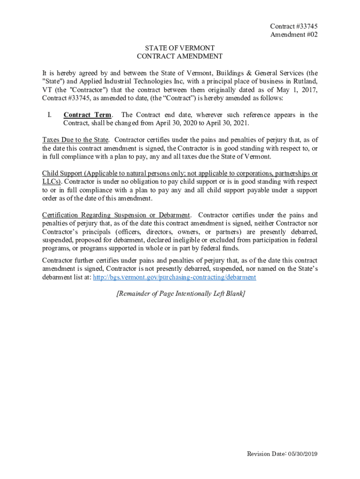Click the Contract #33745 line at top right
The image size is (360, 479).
click(x=290, y=27)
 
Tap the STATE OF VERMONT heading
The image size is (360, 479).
click(x=180, y=48)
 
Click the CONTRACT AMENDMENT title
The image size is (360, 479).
click(x=180, y=57)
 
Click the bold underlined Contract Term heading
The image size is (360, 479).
click(x=87, y=115)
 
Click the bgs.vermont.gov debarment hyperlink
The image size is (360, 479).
click(x=175, y=277)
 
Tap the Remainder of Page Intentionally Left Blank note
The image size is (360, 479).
click(x=180, y=294)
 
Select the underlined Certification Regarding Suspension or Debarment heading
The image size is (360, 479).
click(x=116, y=215)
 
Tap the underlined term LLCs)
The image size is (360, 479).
click(x=52, y=181)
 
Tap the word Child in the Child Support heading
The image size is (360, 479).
click(x=50, y=173)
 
